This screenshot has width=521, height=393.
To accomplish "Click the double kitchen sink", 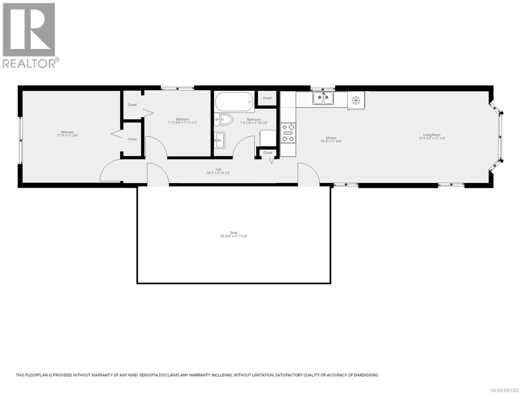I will tap(323, 98).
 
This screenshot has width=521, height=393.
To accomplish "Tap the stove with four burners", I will tap(288, 133).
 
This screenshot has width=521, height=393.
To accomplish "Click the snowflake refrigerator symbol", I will tap(356, 100).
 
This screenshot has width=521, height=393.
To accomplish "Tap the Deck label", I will tap(234, 233).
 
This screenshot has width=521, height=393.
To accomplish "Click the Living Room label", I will tap(432, 135).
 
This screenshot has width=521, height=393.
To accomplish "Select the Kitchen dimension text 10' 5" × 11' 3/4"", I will tap(331, 141).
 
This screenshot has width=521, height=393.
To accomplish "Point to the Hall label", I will tap(218, 169).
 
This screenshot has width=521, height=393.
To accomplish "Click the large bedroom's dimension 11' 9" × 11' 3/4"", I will tap(68, 135).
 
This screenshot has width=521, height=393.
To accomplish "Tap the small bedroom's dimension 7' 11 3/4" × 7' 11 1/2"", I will tap(183, 122).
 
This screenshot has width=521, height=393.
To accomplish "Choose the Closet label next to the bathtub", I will tap(267, 98).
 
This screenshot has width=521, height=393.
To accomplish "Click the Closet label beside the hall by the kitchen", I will tap(268, 153).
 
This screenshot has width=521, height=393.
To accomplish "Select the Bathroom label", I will tap(254, 120).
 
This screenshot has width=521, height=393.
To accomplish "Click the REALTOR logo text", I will tap(29, 63).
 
